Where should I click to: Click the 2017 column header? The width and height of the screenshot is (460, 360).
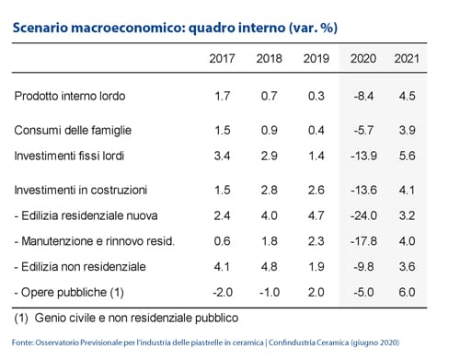[222, 58]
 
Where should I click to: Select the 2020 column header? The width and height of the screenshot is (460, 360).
[363, 58]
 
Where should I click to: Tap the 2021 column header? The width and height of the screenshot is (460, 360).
[407, 58]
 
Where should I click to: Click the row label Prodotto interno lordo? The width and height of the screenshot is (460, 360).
[70, 96]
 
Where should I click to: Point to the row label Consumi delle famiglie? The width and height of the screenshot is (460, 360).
[73, 130]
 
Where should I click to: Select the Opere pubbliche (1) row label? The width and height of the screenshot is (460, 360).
[69, 292]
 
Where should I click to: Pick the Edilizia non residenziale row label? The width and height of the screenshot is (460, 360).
[80, 267]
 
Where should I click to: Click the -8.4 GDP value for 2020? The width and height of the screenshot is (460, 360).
[363, 96]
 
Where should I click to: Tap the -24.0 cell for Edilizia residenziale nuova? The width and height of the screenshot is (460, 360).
[363, 215]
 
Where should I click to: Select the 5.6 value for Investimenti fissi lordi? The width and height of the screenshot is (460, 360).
[407, 156]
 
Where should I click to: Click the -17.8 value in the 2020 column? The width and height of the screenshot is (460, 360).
[363, 241]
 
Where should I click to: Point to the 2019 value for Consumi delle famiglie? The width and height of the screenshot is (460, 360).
[316, 130]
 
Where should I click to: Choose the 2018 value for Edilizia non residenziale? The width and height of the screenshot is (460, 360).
[270, 267]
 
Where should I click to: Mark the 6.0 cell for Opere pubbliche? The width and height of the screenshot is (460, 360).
[407, 292]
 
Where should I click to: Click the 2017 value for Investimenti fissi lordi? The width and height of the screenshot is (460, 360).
[222, 156]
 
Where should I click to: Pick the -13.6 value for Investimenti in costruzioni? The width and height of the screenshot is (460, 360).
[363, 190]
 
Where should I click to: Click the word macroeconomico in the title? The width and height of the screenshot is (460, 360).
[128, 28]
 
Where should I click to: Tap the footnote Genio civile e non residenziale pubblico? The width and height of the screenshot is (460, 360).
[136, 318]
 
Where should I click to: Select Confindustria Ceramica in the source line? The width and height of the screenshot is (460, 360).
[308, 343]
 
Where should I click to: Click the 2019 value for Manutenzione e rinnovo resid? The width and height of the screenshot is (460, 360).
[316, 241]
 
